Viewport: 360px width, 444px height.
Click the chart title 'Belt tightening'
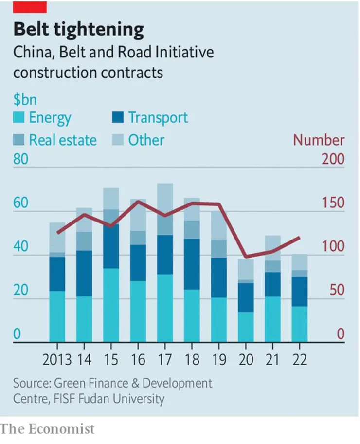click(78, 30)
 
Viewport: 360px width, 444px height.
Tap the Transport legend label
click(158, 118)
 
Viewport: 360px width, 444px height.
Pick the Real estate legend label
click(63, 140)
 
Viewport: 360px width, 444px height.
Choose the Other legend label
click(146, 140)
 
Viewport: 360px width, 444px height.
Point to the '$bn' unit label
click(25, 100)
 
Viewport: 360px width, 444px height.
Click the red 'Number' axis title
click(319, 140)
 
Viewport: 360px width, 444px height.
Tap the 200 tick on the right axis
click(333, 160)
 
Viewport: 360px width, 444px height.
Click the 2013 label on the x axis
click(56, 361)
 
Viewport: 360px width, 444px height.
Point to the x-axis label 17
click(165, 361)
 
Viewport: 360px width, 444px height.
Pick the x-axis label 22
click(299, 361)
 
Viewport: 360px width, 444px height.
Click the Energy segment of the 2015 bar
click(111, 305)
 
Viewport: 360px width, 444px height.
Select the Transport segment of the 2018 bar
click(192, 264)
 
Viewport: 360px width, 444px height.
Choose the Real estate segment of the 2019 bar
click(218, 248)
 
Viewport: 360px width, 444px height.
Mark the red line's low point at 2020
click(246, 257)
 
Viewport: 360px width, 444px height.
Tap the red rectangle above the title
click(30, 6)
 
